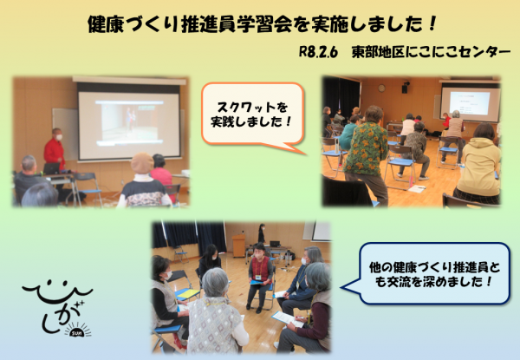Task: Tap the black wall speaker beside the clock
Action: (404, 88)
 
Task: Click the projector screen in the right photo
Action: (469, 102)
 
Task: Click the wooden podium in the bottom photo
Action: (239, 245)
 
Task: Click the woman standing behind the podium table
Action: (260, 234)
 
